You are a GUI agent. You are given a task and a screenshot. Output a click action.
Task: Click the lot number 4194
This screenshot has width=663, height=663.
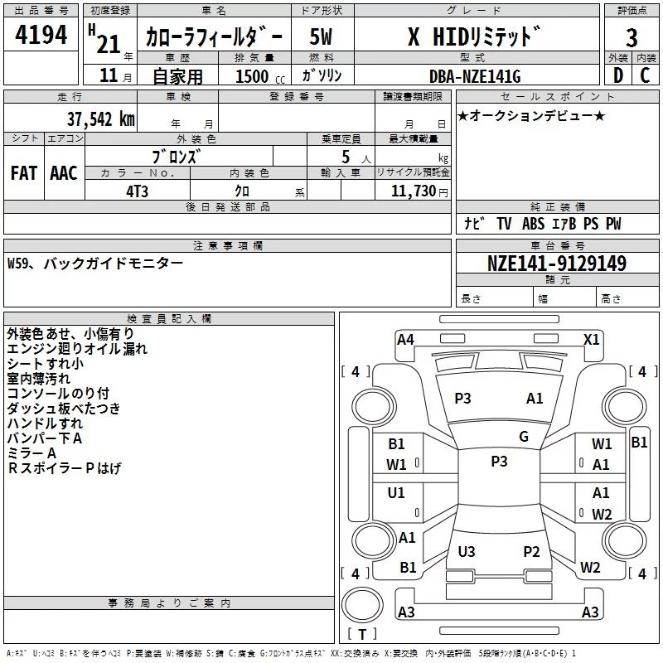[41, 35]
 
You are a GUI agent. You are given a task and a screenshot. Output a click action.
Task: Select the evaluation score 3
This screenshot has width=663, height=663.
[632, 39]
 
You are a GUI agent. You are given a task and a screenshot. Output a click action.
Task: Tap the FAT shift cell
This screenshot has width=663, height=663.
[24, 172]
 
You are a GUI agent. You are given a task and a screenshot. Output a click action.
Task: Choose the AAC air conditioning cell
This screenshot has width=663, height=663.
[64, 172]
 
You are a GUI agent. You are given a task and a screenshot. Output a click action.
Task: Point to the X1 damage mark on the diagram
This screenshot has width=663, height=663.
[592, 339]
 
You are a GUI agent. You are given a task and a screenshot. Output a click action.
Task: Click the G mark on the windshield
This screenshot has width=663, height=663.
[524, 437]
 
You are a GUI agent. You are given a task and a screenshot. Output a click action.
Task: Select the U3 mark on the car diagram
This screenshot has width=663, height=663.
[467, 551]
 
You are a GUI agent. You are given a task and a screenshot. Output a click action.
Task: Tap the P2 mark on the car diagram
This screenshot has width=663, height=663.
[532, 551]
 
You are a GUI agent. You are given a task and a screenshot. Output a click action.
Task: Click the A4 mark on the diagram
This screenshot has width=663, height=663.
[405, 339]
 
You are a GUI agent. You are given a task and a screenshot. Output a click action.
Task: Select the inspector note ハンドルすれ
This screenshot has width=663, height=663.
[45, 423]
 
